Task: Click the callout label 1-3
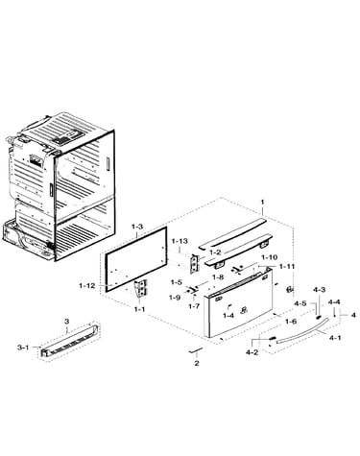pyautogui.click(x=137, y=227)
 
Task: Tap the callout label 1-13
pyautogui.click(x=180, y=241)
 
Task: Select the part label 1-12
pyautogui.click(x=87, y=285)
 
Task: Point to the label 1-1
pyautogui.click(x=140, y=309)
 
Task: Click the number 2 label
pyautogui.click(x=197, y=363)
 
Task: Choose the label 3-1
pyautogui.click(x=23, y=347)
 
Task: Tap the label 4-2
pyautogui.click(x=252, y=352)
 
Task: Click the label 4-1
pyautogui.click(x=335, y=337)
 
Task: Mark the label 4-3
pyautogui.click(x=319, y=290)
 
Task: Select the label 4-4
pyautogui.click(x=334, y=301)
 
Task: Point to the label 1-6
pyautogui.click(x=291, y=322)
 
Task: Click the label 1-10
pyautogui.click(x=270, y=257)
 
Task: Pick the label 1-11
pyautogui.click(x=287, y=266)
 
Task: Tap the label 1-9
pyautogui.click(x=175, y=298)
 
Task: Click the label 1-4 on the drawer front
pyautogui.click(x=228, y=316)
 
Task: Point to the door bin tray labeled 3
pyautogui.click(x=69, y=344)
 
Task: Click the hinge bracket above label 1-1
pyautogui.click(x=140, y=288)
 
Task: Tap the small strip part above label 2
pyautogui.click(x=195, y=350)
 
